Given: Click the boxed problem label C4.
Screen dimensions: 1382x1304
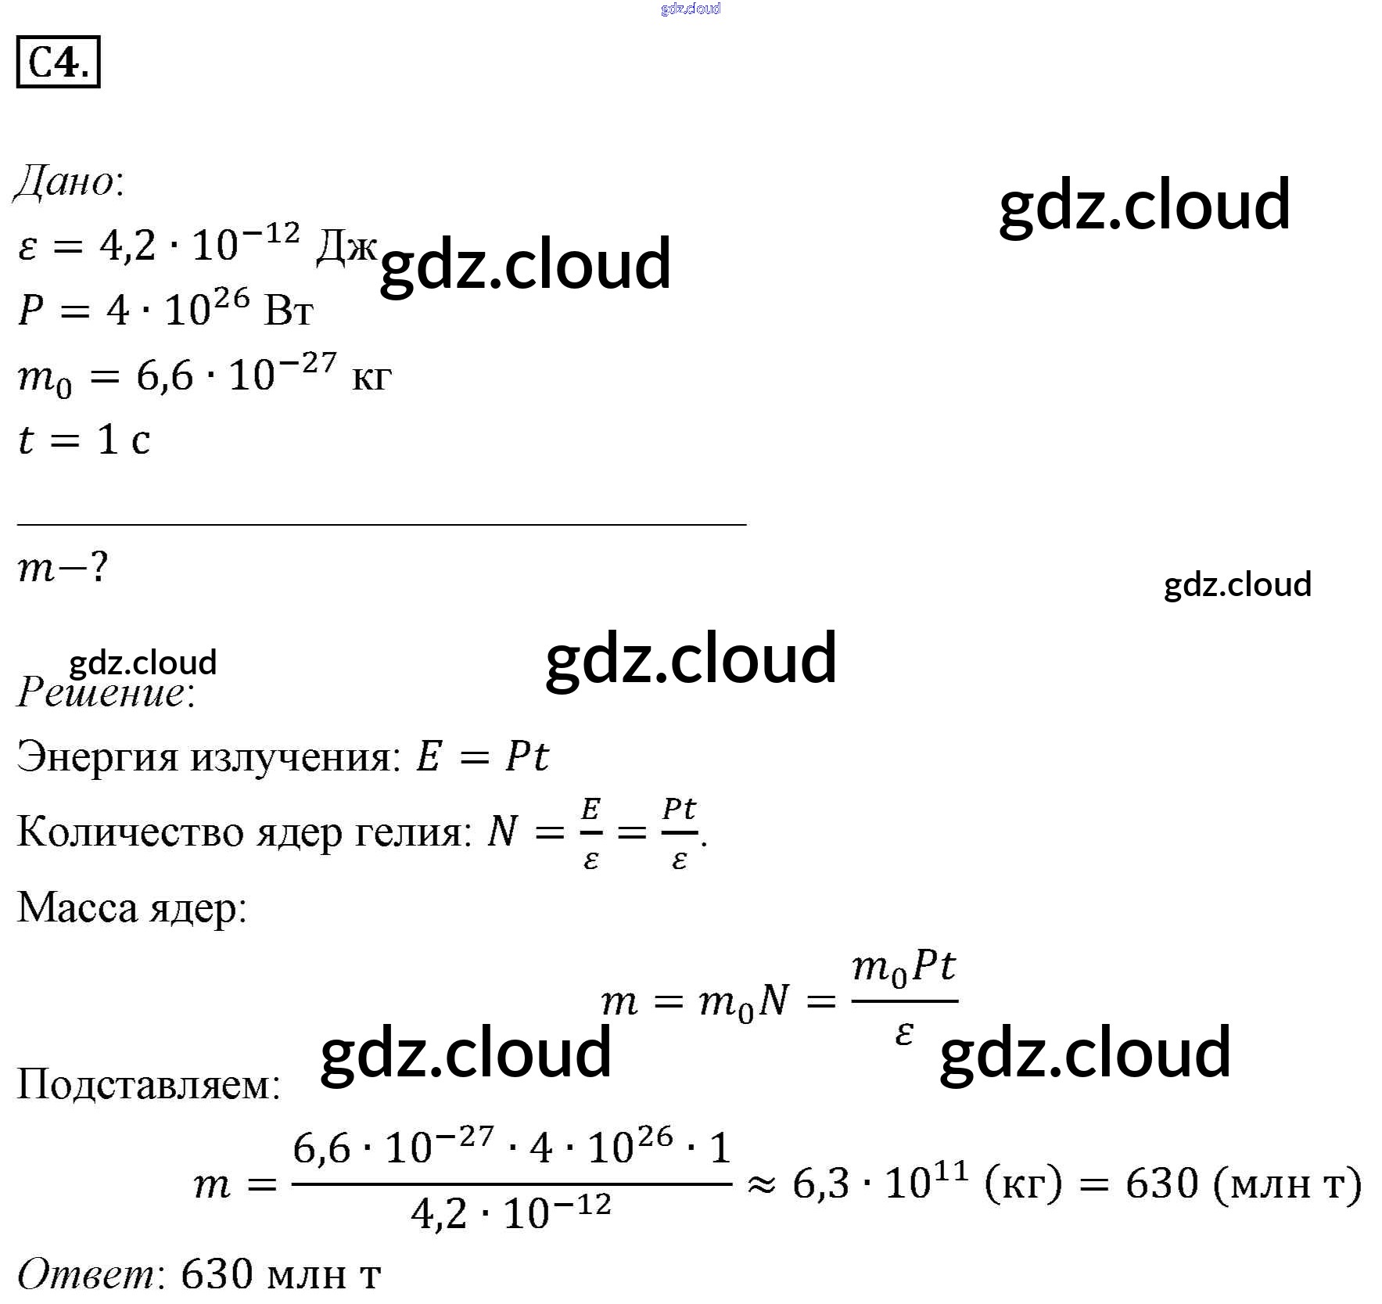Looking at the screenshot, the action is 58,62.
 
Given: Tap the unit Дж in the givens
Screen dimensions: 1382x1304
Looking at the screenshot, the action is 346,248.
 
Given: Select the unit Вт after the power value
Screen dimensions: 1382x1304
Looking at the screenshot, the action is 289,312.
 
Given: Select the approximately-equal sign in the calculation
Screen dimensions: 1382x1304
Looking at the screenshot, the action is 760,1186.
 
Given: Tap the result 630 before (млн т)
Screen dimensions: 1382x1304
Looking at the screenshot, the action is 1161,1184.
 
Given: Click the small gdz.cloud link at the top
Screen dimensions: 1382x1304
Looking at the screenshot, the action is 690,9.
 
